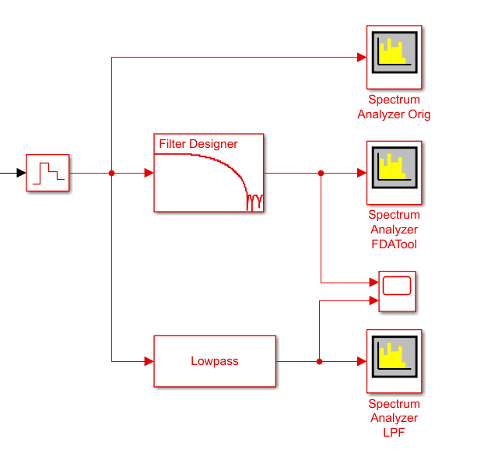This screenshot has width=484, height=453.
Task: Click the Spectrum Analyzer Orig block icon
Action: (x=394, y=58)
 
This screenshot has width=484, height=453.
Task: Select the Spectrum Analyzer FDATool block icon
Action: (x=394, y=173)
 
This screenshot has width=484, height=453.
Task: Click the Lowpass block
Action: (x=215, y=361)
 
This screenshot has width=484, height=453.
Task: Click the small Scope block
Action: (x=397, y=291)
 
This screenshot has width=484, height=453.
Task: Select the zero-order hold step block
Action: (x=48, y=173)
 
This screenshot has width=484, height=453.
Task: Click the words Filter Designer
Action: (x=198, y=144)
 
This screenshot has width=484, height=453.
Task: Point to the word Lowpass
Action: (x=215, y=361)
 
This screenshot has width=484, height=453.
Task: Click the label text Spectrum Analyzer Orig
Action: (x=394, y=107)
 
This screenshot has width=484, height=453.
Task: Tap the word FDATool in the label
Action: (x=394, y=244)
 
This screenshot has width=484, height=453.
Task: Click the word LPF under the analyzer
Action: (x=394, y=434)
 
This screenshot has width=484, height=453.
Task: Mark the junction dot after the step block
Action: (x=112, y=173)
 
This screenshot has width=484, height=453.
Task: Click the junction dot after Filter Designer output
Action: (x=321, y=173)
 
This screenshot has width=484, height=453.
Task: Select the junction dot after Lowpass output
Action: (x=320, y=361)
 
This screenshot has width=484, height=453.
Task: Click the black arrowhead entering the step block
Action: (x=21, y=173)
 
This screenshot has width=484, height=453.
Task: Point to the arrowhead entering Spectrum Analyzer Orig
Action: (x=361, y=57)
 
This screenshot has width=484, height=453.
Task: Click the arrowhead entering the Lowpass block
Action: (x=149, y=361)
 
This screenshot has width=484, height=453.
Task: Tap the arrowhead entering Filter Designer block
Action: (x=149, y=173)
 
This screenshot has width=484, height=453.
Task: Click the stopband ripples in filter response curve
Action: (x=254, y=203)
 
